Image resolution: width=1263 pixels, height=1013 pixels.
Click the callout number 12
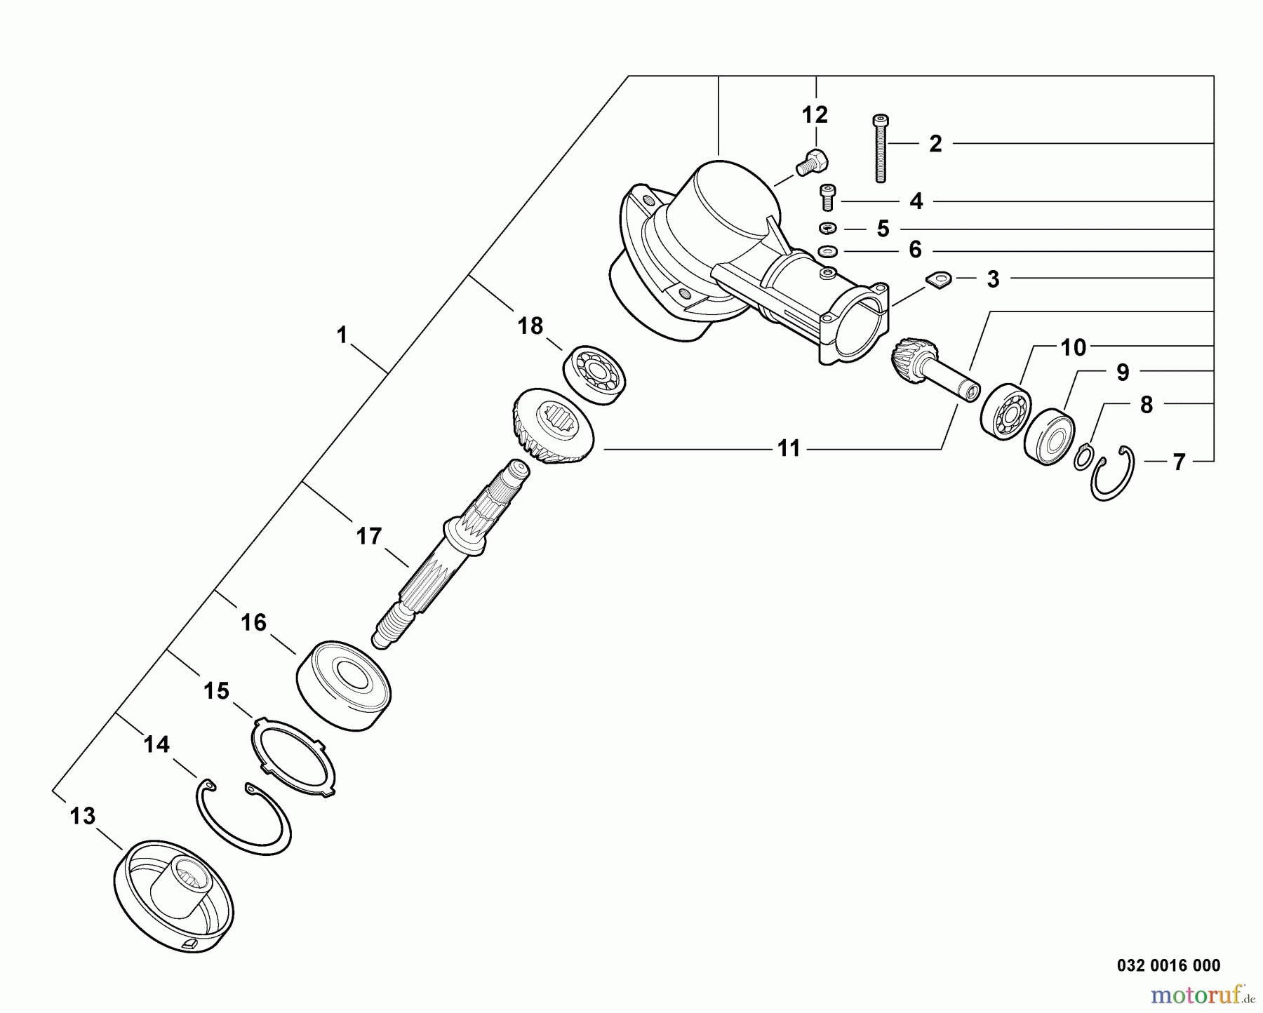[815, 114]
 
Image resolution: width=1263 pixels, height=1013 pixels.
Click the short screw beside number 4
[829, 196]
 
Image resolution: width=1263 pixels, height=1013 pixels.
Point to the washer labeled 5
[828, 228]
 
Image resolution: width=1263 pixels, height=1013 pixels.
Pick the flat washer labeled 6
[828, 250]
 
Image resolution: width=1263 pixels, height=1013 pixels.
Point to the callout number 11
[789, 448]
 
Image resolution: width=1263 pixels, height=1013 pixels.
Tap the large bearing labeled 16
[342, 685]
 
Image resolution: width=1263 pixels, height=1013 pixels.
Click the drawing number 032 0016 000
[1168, 965]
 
